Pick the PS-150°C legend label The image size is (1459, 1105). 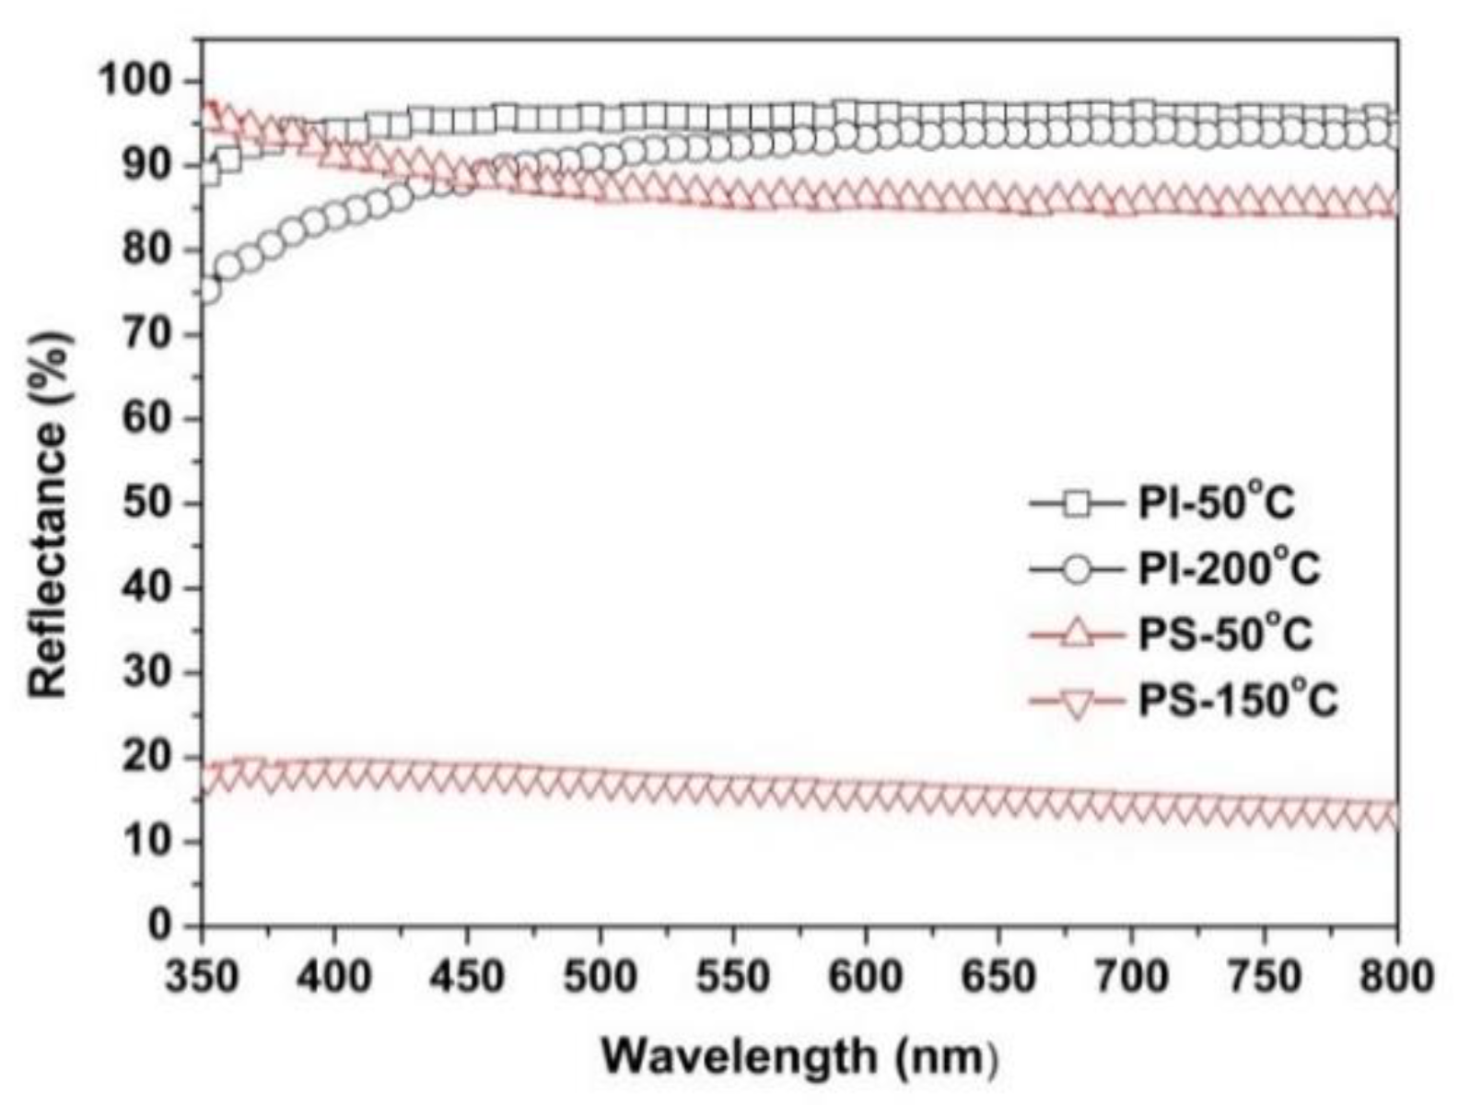(x=1237, y=702)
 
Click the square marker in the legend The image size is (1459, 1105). (x=1076, y=504)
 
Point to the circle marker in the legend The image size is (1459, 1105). (x=1076, y=569)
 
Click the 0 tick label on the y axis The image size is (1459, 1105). (x=164, y=925)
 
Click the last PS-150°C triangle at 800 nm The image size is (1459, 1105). (x=1391, y=816)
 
